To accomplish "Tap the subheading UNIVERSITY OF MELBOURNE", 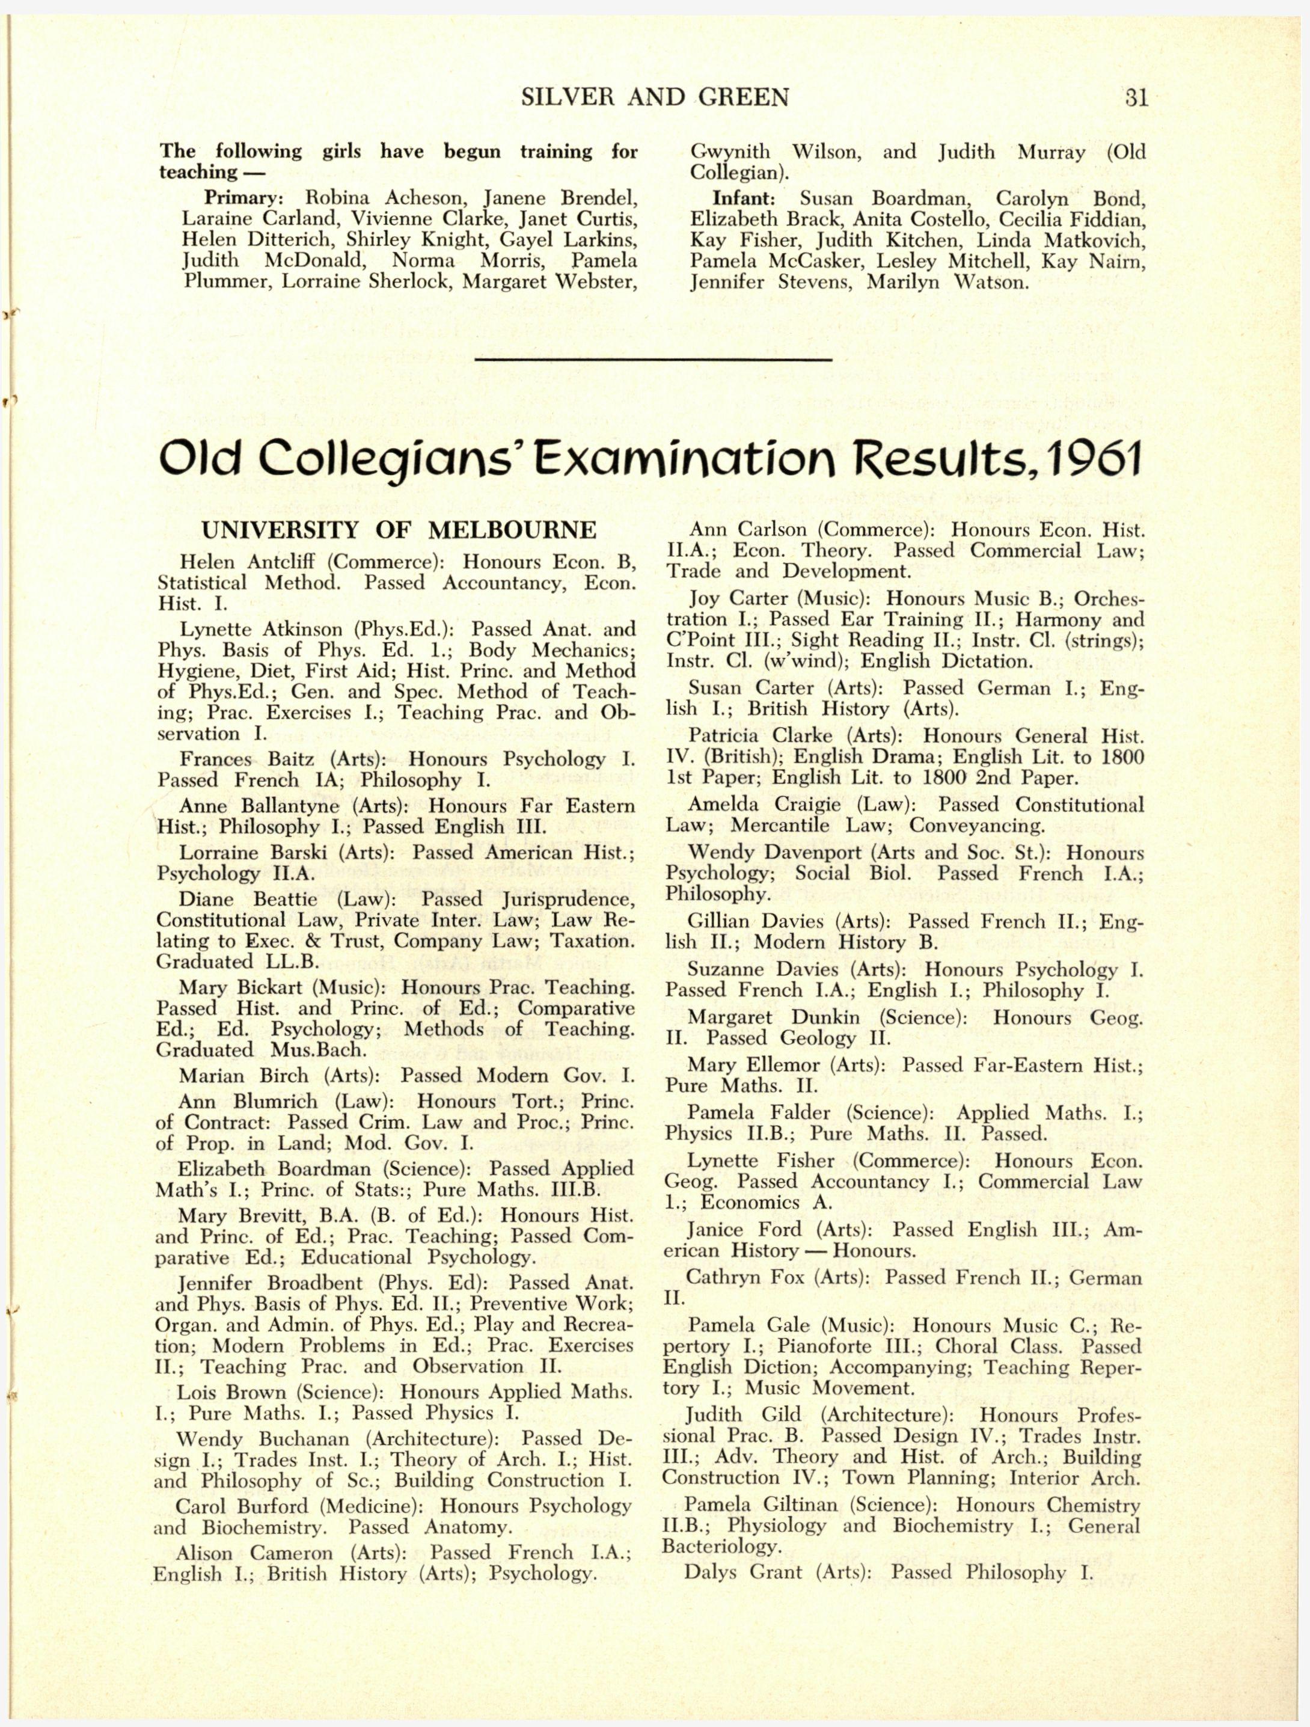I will pos(399,531).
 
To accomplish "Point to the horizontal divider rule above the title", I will pos(654,360).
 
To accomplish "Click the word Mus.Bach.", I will pos(312,1049).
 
